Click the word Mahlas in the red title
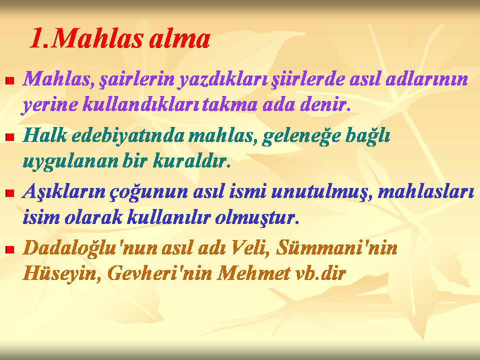97,39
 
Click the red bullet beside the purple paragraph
10,80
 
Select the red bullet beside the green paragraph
10,137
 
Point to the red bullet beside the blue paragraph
10,193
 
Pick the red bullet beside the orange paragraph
10,249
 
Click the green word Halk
44,134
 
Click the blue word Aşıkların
63,192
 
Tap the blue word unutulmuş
322,192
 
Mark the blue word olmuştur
257,217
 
